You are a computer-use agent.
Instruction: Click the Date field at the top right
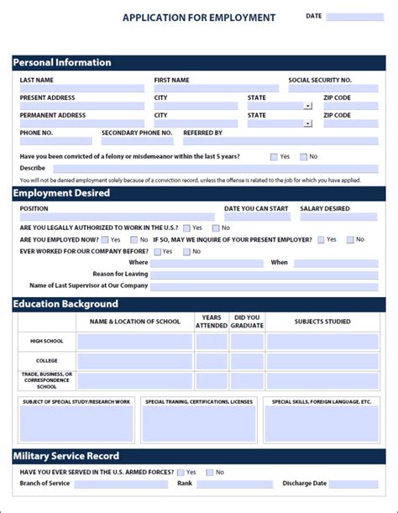pyautogui.click(x=354, y=17)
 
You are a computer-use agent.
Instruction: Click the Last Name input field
pyautogui.click(x=81, y=88)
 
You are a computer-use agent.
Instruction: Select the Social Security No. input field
pyautogui.click(x=333, y=88)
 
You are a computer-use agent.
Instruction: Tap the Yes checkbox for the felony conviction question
pyautogui.click(x=274, y=157)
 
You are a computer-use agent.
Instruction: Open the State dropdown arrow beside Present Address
pyautogui.click(x=308, y=106)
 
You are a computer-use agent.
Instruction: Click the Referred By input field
pyautogui.click(x=280, y=141)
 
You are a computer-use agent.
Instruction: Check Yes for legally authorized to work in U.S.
pyautogui.click(x=186, y=228)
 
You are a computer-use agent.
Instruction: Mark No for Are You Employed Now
pyautogui.click(x=144, y=239)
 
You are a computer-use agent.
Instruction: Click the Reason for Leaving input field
pyautogui.click(x=264, y=274)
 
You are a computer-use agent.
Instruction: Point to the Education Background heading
pyautogui.click(x=66, y=303)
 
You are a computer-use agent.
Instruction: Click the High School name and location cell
pyautogui.click(x=134, y=342)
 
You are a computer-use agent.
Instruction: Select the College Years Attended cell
pyautogui.click(x=212, y=360)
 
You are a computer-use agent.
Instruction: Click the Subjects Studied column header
pyautogui.click(x=322, y=322)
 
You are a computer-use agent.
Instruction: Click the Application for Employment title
pyautogui.click(x=199, y=17)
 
